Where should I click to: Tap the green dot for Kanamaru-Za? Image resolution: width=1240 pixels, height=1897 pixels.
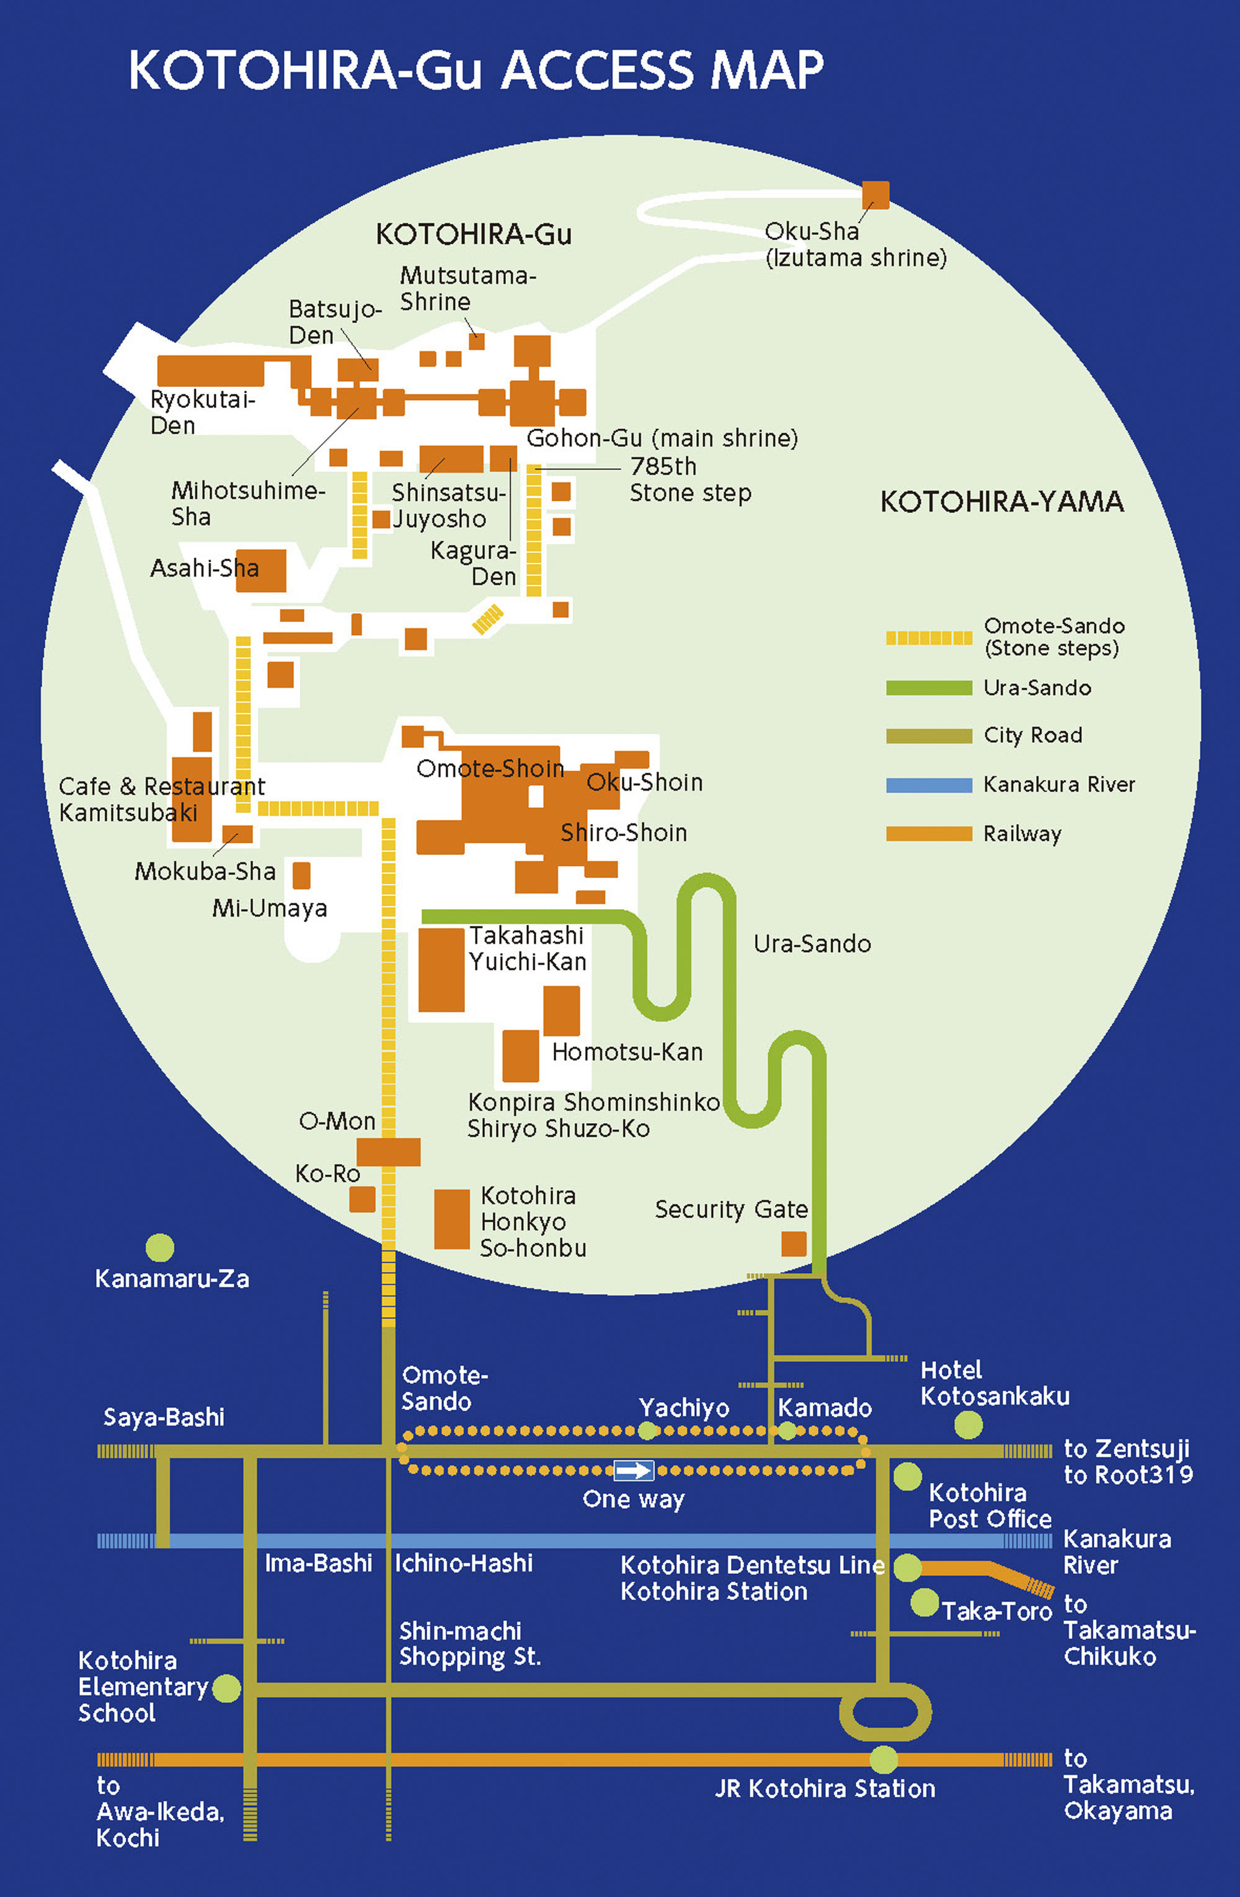point(159,1247)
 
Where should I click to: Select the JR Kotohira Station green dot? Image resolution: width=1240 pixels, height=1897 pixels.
point(883,1759)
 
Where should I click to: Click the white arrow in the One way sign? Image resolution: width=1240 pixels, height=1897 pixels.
point(634,1470)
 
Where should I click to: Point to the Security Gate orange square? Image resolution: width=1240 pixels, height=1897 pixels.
point(793,1243)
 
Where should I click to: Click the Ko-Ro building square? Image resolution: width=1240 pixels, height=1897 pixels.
point(362,1199)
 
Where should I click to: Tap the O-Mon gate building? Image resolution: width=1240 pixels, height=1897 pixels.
point(388,1152)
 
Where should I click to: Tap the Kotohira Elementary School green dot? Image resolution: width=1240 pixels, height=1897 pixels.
point(226,1688)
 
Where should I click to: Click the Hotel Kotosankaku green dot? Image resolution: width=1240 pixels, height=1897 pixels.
point(968,1424)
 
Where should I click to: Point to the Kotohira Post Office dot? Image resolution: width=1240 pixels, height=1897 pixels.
point(907,1476)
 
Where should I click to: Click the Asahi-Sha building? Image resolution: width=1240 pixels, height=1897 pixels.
point(260,571)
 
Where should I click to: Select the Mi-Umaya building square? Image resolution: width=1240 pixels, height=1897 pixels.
point(301,874)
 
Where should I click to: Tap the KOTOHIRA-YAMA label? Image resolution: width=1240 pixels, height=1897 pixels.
point(1002,502)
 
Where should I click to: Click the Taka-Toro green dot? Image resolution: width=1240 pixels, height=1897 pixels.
point(924,1602)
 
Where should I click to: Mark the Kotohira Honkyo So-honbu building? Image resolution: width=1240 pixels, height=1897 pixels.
point(451,1219)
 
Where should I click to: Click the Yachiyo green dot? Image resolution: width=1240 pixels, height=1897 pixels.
point(648,1431)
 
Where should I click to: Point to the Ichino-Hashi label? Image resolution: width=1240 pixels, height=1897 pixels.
point(463,1562)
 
